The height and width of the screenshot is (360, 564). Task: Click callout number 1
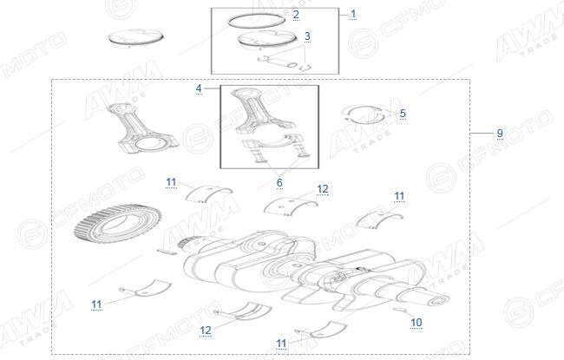coord(353,14)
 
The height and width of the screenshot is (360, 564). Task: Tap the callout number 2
coord(296,15)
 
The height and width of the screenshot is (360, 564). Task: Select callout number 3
coord(307,36)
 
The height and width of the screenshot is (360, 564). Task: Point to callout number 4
coord(199,88)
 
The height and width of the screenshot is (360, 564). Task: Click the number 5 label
coord(403,114)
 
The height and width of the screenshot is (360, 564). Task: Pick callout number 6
coord(279,183)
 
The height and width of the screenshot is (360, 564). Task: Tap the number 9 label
coord(500,133)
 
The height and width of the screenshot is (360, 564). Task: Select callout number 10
coord(416,322)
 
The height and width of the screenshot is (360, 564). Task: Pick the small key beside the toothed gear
coord(167,252)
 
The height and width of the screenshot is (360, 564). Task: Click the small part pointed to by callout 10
coord(400,310)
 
